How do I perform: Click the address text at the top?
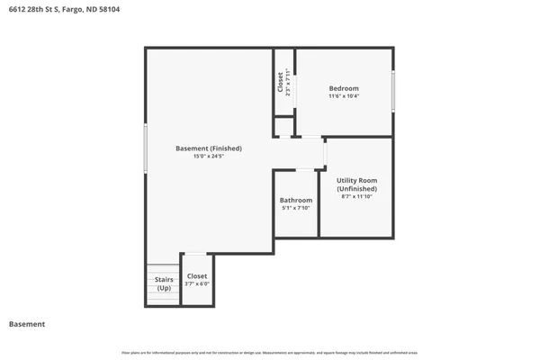[63, 9]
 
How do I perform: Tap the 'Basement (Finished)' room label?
[208, 148]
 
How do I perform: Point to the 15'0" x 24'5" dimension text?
[208, 157]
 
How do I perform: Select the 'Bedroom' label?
[343, 88]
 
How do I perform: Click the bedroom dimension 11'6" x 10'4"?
[343, 96]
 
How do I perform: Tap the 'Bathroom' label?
[295, 200]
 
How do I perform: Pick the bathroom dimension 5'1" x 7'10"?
[295, 208]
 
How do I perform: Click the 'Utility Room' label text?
[356, 180]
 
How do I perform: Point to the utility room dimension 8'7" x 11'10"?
[356, 197]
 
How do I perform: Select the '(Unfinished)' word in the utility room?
[356, 189]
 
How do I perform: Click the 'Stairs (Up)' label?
[164, 283]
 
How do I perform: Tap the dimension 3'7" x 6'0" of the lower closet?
[196, 284]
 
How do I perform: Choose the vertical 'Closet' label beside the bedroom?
[281, 83]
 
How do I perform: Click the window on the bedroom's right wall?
[393, 91]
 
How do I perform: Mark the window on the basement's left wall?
[145, 148]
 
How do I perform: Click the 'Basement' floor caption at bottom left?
[27, 324]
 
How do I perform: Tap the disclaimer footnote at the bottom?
[270, 353]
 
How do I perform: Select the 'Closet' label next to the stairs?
[196, 276]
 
